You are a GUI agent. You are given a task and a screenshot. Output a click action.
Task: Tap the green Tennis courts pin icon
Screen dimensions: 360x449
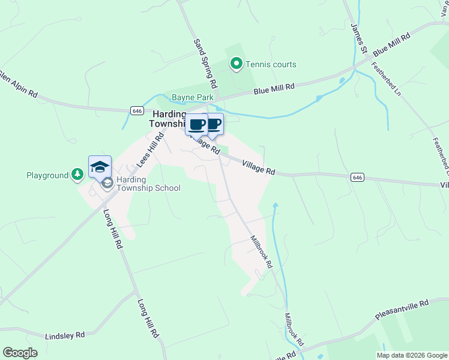pyautogui.click(x=237, y=64)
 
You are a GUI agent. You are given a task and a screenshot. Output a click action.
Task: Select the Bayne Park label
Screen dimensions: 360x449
pyautogui.click(x=189, y=97)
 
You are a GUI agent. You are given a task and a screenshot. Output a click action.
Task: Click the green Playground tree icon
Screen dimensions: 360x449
pyautogui.click(x=77, y=175)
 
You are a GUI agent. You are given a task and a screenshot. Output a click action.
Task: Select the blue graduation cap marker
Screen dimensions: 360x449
pyautogui.click(x=100, y=167)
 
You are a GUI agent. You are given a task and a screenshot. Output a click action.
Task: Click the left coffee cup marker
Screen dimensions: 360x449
pyautogui.click(x=196, y=125)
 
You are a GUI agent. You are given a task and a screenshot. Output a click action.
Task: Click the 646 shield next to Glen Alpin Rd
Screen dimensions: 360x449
pyautogui.click(x=137, y=110)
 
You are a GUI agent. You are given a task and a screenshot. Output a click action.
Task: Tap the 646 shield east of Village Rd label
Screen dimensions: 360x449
pyautogui.click(x=357, y=177)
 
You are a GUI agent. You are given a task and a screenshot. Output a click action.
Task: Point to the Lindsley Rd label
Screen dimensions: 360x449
pyautogui.click(x=65, y=334)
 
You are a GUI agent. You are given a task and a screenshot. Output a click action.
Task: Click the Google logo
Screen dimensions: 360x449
pyautogui.click(x=20, y=353)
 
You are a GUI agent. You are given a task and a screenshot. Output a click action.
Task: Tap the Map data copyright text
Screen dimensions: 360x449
pyautogui.click(x=411, y=355)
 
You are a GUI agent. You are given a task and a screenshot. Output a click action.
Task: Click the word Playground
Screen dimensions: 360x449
pyautogui.click(x=47, y=175)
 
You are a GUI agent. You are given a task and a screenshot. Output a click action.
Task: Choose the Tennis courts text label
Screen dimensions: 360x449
pyautogui.click(x=271, y=64)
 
